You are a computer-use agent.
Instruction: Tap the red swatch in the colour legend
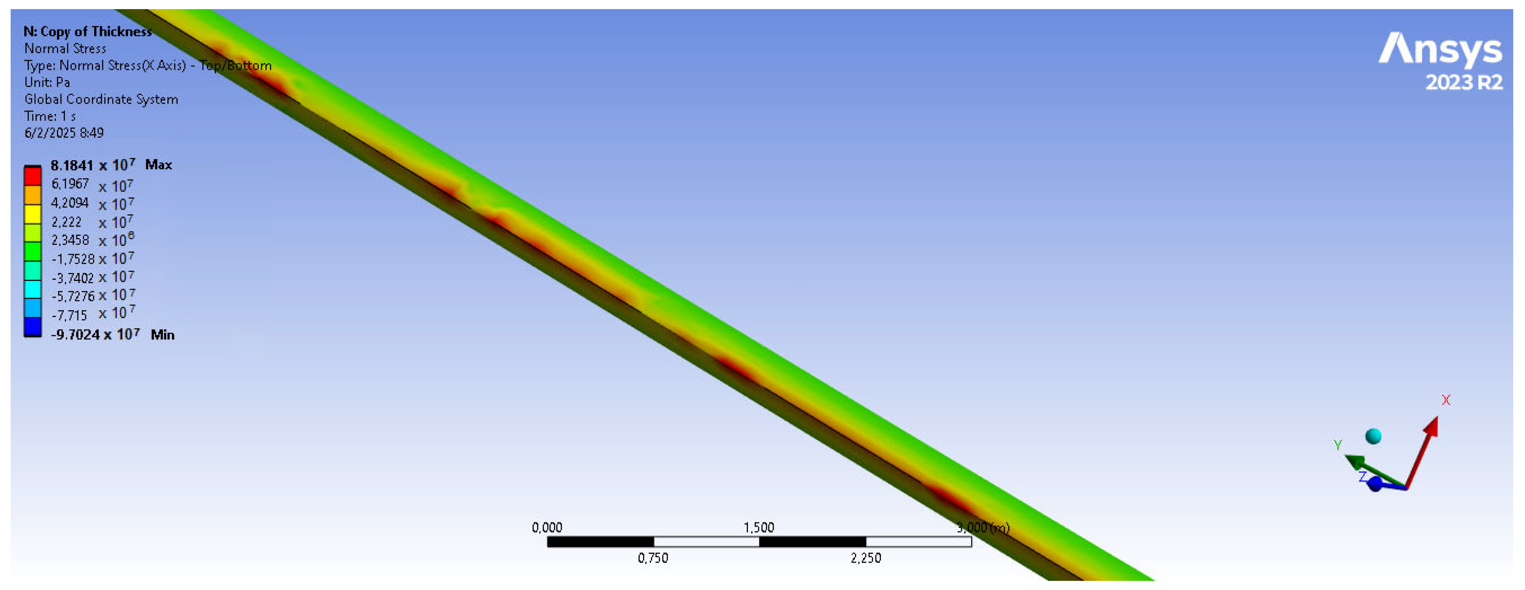[33, 176]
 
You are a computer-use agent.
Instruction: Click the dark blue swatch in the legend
[33, 327]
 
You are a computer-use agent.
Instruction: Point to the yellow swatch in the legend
[33, 214]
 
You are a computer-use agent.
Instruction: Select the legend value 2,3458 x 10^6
[92, 240]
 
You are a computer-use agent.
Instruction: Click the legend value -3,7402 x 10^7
[92, 277]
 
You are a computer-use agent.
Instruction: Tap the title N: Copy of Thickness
[88, 32]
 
